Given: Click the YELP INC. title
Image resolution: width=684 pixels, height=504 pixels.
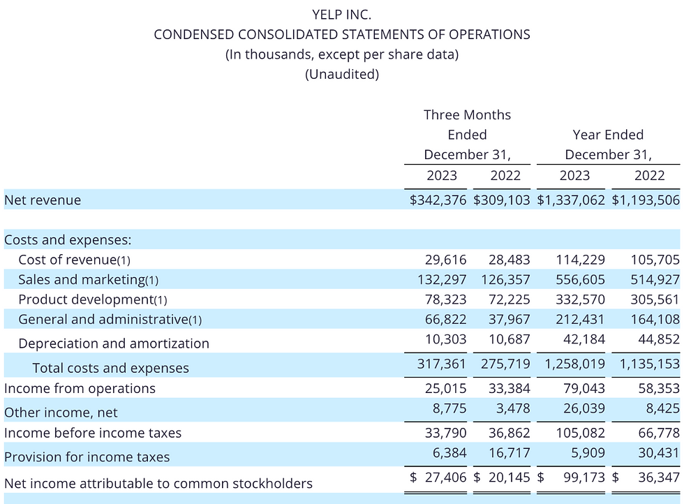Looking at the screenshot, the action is [x=341, y=15].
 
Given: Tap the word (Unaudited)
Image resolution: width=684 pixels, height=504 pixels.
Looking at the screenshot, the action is [x=342, y=74].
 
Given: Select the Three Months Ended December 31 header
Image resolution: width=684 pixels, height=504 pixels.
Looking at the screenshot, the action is [x=467, y=135].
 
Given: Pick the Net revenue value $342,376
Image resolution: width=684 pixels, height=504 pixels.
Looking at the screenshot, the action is [x=438, y=200].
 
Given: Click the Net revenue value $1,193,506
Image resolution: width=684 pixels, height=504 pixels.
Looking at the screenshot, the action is [x=646, y=200].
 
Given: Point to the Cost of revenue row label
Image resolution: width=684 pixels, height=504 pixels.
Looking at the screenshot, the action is [x=74, y=260].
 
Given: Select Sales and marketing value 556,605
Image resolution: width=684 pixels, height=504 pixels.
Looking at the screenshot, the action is [x=580, y=279].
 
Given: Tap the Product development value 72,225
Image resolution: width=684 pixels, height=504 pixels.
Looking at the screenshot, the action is [x=509, y=299].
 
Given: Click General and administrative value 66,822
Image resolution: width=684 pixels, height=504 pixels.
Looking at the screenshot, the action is [x=445, y=320].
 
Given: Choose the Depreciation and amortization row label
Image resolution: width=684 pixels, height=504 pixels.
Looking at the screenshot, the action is [x=114, y=343].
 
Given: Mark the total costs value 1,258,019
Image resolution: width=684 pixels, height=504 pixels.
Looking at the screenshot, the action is [x=575, y=364].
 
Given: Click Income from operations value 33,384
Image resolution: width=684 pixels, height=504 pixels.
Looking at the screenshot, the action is [x=509, y=388].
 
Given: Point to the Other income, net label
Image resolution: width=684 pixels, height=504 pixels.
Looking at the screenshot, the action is [x=61, y=413].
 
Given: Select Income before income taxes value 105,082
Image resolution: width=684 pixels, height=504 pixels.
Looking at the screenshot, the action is [x=580, y=432].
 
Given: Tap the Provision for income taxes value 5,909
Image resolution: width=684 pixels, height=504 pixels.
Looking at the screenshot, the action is [x=588, y=452].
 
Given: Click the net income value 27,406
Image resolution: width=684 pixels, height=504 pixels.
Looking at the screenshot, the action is [x=445, y=477].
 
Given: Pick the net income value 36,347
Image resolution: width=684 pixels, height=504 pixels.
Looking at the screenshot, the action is [x=659, y=477].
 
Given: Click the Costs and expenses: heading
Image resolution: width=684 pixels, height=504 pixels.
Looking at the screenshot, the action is [x=68, y=239].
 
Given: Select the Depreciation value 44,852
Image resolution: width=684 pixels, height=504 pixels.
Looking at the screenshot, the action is [x=659, y=339].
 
